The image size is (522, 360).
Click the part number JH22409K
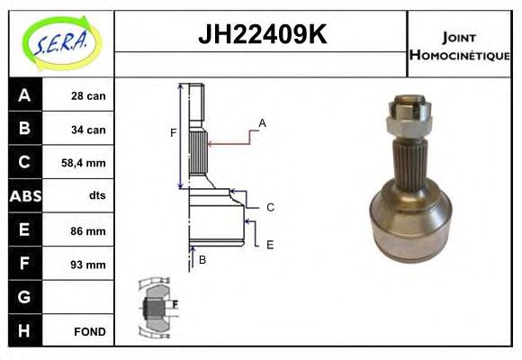point(261,36)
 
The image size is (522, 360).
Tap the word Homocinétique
point(459,55)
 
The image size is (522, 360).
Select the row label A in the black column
point(24,95)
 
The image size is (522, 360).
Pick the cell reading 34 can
point(88,130)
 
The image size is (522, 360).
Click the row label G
point(24,297)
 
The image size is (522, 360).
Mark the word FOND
point(90,331)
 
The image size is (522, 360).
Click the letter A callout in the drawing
point(262,122)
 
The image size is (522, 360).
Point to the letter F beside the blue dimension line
point(173,133)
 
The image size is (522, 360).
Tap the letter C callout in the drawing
point(270,207)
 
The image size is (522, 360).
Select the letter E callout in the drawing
point(269,244)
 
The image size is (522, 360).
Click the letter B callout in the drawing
point(202,260)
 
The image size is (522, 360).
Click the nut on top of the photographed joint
point(404,111)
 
